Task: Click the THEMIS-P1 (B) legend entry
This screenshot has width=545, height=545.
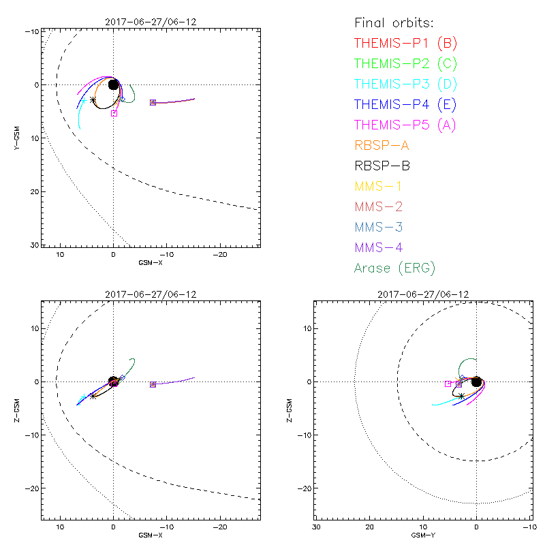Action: point(405,44)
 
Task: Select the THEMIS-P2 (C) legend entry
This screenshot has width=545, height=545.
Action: point(405,64)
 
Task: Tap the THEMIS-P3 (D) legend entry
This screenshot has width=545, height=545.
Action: point(405,84)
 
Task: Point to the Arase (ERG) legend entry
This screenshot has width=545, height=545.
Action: point(394,268)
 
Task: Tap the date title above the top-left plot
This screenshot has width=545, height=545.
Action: point(151,22)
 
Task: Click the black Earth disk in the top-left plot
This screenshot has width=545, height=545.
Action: point(114,84)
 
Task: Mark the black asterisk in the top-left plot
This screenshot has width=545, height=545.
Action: point(93,99)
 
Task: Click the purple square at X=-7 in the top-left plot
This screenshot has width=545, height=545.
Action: point(153,102)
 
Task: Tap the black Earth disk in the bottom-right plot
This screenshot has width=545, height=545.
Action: point(477,382)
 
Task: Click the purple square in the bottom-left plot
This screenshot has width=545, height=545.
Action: point(153,385)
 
